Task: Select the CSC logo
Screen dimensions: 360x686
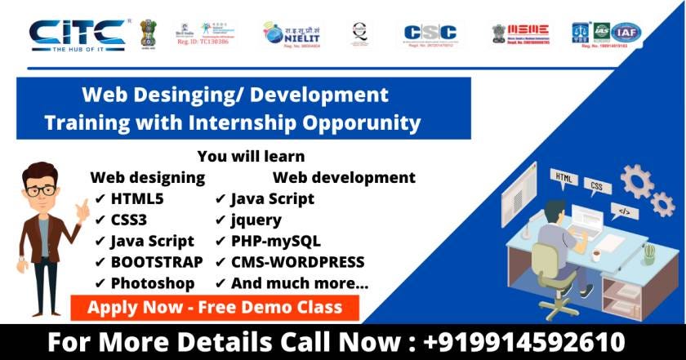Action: click(x=430, y=33)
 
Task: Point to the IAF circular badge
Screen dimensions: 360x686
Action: click(x=626, y=33)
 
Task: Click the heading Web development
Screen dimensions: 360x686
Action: click(x=344, y=177)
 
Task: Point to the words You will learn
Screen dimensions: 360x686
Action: click(x=251, y=156)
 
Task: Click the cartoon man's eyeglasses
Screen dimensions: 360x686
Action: click(x=40, y=190)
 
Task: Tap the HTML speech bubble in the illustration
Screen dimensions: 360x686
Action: click(x=563, y=176)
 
